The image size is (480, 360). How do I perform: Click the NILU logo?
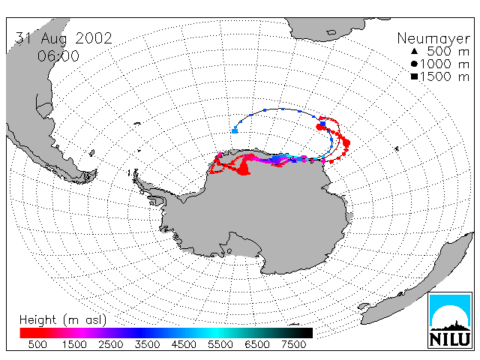point(449,320)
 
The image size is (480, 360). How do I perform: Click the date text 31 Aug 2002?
point(64,38)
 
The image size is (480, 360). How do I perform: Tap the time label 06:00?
point(58,56)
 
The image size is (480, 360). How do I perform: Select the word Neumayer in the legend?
point(433,39)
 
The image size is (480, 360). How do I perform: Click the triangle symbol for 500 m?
point(414,51)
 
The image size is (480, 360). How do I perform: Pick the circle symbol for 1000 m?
point(414,64)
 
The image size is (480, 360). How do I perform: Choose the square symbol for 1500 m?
point(414,76)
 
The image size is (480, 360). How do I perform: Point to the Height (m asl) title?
point(63,320)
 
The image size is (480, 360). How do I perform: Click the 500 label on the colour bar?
point(37,344)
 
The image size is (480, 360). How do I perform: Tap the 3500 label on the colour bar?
point(147,344)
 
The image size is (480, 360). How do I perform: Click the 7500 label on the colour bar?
point(293,344)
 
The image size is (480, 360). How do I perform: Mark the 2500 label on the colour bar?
point(111,344)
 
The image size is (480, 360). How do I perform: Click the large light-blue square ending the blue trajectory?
point(235,131)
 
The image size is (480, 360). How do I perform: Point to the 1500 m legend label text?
point(445,76)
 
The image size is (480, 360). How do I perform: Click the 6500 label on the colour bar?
point(257,344)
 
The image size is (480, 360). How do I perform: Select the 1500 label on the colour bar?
point(74,344)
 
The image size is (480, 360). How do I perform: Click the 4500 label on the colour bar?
point(184,344)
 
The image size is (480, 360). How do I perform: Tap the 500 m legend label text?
point(448,51)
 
